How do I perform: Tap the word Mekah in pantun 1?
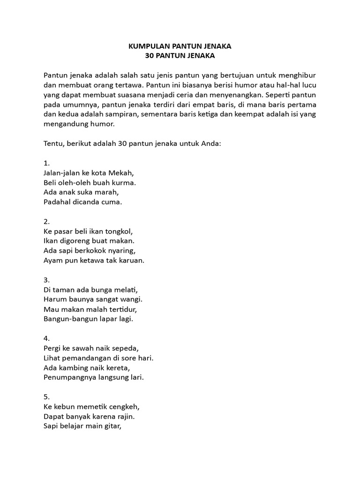pos(119,172)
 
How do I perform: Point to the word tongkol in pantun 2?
pos(120,231)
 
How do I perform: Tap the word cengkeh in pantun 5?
pos(125,406)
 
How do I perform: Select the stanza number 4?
pos(46,338)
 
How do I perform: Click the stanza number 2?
pos(46,221)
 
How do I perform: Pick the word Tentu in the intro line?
pos(53,143)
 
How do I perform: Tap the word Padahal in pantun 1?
pos(57,202)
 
